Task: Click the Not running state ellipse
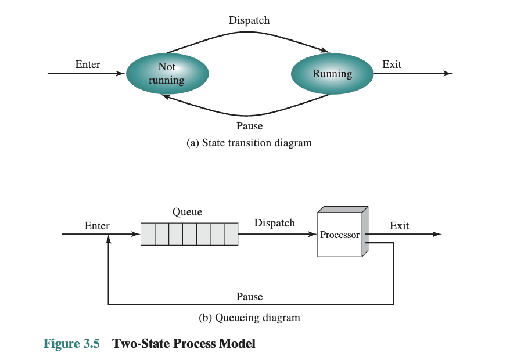pos(167,74)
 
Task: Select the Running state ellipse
pos(332,74)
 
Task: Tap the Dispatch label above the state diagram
pos(249,20)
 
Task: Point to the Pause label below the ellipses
pos(249,126)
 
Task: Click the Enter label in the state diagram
pos(88,64)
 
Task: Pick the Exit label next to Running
pos(392,64)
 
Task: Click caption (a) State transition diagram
pos(249,143)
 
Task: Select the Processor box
pos(340,235)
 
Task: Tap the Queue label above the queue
pos(187,212)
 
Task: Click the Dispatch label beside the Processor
pos(275,223)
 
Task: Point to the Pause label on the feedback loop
pos(249,297)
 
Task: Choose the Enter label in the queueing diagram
pos(97,225)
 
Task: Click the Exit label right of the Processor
pos(399,225)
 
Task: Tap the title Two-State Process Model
pos(184,343)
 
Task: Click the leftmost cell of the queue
pos(148,235)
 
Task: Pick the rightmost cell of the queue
pos(231,235)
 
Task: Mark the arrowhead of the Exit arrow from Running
pos(447,74)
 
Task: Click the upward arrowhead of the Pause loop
pos(108,240)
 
